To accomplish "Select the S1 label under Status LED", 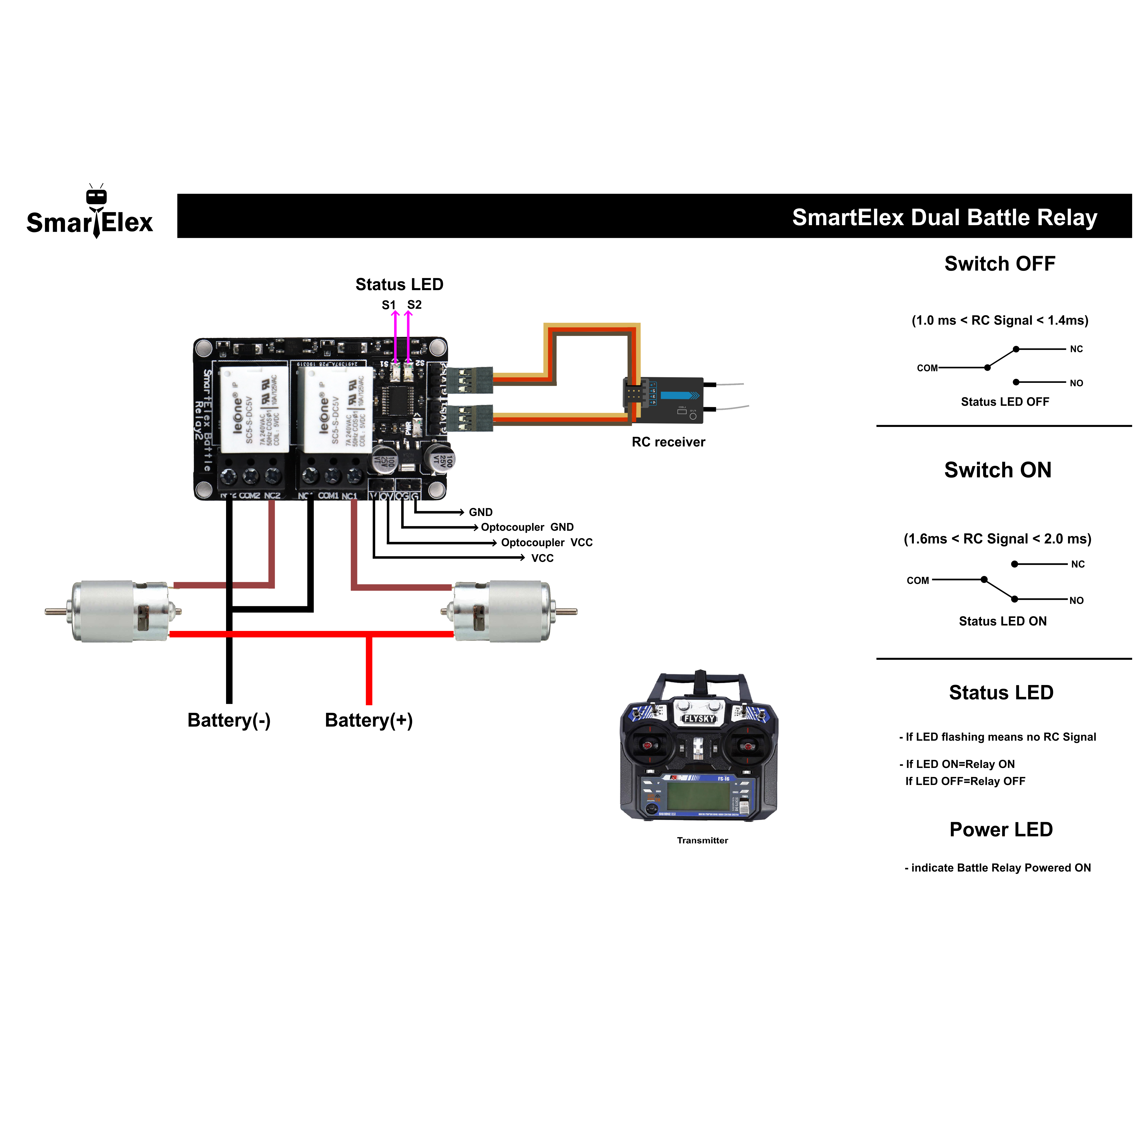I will tap(388, 305).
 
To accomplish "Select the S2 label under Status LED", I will tap(415, 305).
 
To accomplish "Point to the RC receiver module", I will tap(667, 400).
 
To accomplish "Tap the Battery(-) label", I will tap(229, 720).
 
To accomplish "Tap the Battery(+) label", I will tap(369, 720).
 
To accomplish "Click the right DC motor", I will tap(509, 612).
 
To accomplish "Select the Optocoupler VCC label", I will tap(546, 542).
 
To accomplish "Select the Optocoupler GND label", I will tap(527, 527).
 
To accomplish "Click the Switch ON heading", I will tap(998, 470).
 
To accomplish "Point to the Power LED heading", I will tap(1001, 829).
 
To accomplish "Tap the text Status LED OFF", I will tap(1004, 402).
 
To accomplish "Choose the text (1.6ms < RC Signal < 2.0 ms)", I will tap(997, 539).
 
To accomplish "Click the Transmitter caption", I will tap(702, 840).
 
